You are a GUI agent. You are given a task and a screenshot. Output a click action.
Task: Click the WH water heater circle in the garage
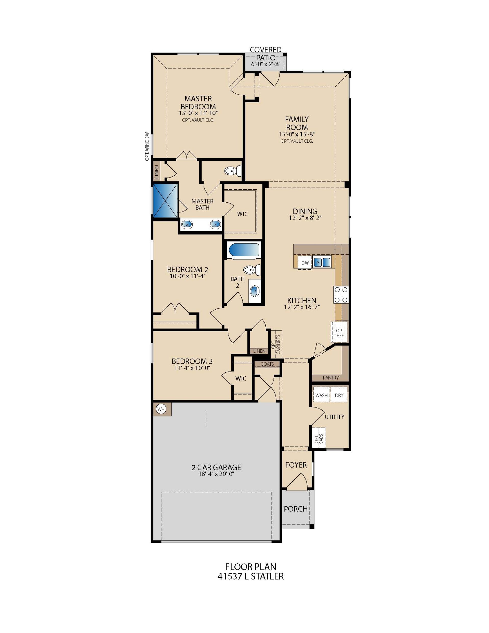tap(161, 409)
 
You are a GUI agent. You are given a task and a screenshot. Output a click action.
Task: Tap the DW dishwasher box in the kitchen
tap(305, 263)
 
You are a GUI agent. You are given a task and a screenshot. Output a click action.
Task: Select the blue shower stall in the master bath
tap(165, 200)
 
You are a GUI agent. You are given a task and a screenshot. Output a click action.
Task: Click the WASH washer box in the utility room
tap(322, 395)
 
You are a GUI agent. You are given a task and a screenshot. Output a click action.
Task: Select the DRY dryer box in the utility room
tap(339, 395)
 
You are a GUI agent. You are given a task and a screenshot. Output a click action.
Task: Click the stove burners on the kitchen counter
tap(341, 295)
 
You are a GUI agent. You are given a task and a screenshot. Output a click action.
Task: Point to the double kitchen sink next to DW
tap(322, 262)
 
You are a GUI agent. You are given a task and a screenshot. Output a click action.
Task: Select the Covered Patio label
tap(266, 54)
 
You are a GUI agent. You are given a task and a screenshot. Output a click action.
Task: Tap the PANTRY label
tap(331, 378)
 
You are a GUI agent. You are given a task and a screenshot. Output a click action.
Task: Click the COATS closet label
tap(267, 364)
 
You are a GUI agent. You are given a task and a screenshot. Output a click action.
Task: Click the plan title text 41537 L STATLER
tap(250, 576)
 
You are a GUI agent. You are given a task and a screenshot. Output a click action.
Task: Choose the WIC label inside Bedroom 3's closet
tap(241, 378)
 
